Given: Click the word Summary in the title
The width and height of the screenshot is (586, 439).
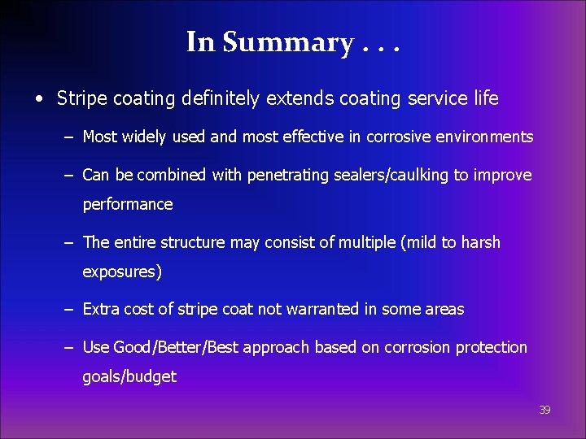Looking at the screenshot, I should [x=287, y=42].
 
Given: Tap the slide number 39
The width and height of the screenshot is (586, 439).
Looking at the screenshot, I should [x=544, y=411].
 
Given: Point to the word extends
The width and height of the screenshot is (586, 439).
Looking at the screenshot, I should [x=294, y=99].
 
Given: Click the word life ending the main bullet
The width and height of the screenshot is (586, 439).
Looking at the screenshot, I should [x=484, y=99].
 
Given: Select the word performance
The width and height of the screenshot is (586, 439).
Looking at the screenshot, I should [x=128, y=205].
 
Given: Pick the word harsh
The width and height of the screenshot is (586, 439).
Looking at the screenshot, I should [x=479, y=242].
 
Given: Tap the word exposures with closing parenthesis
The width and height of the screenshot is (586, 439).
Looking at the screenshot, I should [x=122, y=272].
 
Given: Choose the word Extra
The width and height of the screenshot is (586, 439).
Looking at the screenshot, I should [x=101, y=310].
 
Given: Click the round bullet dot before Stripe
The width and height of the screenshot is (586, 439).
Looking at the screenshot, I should [x=39, y=100].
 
